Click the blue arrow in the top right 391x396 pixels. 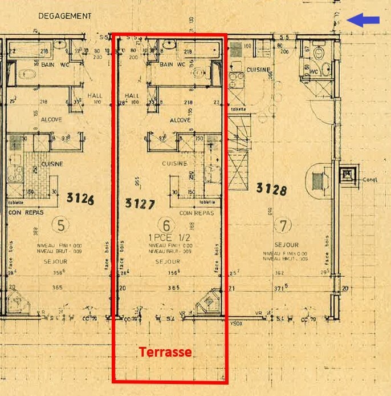click(364, 21)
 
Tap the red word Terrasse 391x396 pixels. click(165, 353)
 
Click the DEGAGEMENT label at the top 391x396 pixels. click(64, 17)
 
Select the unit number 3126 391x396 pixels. click(80, 199)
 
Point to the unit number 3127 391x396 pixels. click(140, 204)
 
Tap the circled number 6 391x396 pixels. click(168, 225)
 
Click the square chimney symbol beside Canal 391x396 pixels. click(347, 174)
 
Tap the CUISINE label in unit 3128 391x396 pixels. click(258, 70)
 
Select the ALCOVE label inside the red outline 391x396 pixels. click(180, 120)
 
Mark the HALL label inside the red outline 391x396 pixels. click(132, 96)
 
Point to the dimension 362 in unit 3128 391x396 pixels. click(279, 273)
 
